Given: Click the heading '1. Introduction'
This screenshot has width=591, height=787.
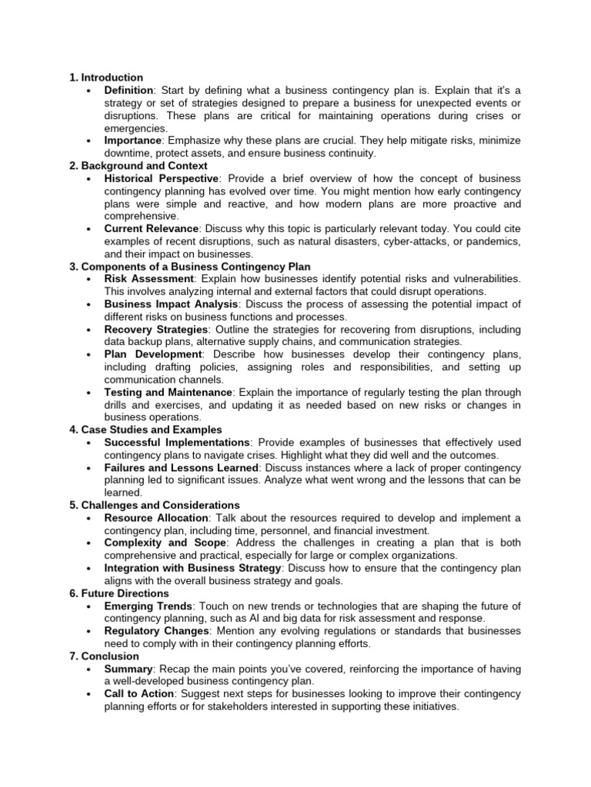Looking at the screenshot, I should click(106, 78).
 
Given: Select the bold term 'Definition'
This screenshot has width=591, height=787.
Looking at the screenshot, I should click(132, 91).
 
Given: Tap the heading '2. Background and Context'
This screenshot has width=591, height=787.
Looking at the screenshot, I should click(139, 166).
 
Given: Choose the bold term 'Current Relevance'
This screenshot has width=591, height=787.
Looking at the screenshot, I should click(152, 229).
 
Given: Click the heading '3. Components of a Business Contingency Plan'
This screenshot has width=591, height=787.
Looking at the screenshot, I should click(190, 267).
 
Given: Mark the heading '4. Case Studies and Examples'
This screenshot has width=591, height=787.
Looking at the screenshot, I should click(145, 430).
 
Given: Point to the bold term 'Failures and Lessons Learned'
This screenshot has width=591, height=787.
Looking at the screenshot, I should click(181, 467).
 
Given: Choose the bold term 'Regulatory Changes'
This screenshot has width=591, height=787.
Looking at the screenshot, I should click(156, 631).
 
